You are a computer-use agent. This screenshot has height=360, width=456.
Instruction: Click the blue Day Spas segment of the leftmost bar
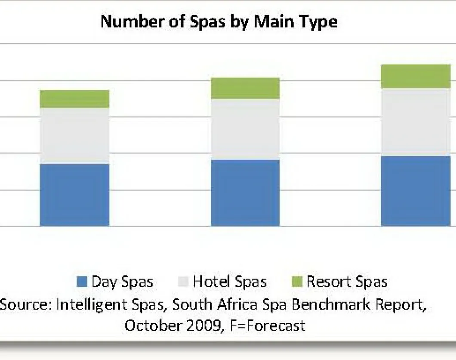tap(74, 195)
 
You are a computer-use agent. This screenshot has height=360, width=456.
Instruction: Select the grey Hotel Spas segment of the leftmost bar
tap(74, 135)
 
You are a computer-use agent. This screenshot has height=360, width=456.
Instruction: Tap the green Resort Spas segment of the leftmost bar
tap(74, 99)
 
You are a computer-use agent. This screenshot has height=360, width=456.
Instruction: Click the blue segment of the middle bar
tap(245, 192)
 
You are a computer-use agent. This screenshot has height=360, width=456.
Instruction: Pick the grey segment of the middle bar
tap(245, 129)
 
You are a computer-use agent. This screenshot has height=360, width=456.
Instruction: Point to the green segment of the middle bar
tap(245, 88)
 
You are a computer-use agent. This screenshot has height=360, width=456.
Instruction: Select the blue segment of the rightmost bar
tap(416, 191)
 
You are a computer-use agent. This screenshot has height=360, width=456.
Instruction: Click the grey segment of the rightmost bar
tap(416, 122)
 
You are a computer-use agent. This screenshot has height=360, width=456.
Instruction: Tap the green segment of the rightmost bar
tap(416, 76)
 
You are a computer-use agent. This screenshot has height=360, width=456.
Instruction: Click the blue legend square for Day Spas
tap(82, 282)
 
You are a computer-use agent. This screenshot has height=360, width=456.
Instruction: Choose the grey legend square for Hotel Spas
tap(183, 282)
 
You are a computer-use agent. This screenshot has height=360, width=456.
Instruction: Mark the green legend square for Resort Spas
tap(296, 282)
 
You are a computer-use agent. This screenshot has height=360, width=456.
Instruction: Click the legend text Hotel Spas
tap(230, 282)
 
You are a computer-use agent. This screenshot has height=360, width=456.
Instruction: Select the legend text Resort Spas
tap(347, 282)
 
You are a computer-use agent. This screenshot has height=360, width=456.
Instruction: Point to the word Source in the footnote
tap(25, 304)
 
